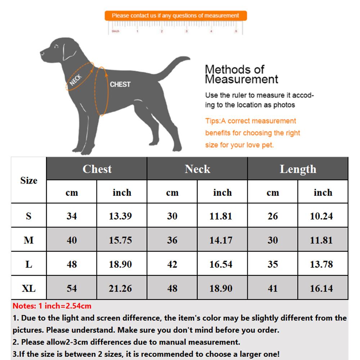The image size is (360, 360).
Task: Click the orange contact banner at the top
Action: click(176, 16)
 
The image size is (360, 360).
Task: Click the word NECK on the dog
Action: click(76, 80)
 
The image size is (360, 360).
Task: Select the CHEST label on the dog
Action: click(120, 84)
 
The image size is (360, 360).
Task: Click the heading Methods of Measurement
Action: click(241, 74)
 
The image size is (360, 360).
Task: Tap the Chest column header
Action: click(97, 169)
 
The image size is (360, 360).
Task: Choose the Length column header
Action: click(298, 169)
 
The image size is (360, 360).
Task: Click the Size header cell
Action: click(29, 180)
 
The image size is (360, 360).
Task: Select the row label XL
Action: click(29, 288)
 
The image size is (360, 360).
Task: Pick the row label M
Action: click(29, 240)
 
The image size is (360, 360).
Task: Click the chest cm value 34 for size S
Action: click(72, 216)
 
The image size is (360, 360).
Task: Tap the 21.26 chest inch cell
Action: click(121, 288)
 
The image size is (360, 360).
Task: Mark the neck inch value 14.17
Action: click(221, 240)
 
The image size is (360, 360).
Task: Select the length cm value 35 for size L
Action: click(273, 264)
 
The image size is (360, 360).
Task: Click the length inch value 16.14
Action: click(321, 288)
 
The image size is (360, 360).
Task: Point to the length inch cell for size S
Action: click(321, 216)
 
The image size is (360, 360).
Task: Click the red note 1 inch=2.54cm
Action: click(52, 306)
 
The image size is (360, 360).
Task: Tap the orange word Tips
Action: click(212, 121)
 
